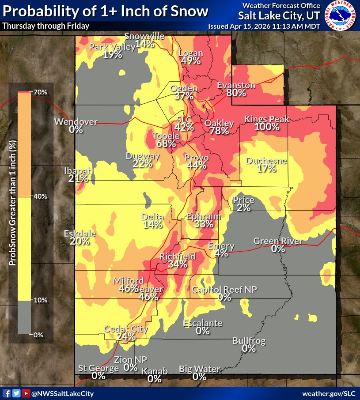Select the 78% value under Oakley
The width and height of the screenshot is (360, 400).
coord(219,131)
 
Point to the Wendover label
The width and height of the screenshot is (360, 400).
coord(76,121)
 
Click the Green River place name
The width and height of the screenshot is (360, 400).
coord(278,241)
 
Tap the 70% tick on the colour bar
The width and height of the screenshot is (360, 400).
coord(40,92)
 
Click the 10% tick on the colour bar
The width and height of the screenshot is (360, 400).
coord(41,300)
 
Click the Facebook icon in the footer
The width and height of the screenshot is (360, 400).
coord(7,393)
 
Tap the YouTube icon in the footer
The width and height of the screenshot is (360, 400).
coord(26,393)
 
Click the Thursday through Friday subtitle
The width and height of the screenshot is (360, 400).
coord(46,26)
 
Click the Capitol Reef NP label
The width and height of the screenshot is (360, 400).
coord(224,290)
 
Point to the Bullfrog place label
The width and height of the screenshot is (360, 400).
coord(249,341)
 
